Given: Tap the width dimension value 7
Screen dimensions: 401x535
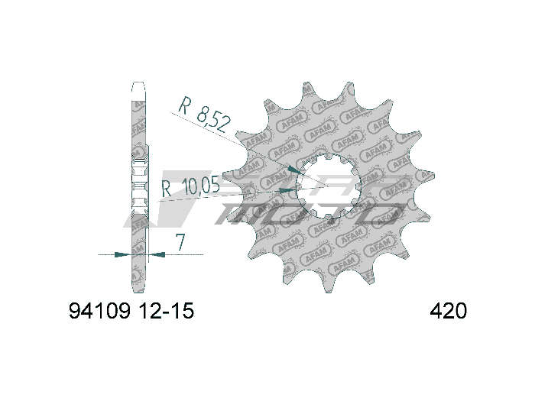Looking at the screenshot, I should pos(180,242).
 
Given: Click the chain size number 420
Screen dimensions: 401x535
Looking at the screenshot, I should pos(449,312).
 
